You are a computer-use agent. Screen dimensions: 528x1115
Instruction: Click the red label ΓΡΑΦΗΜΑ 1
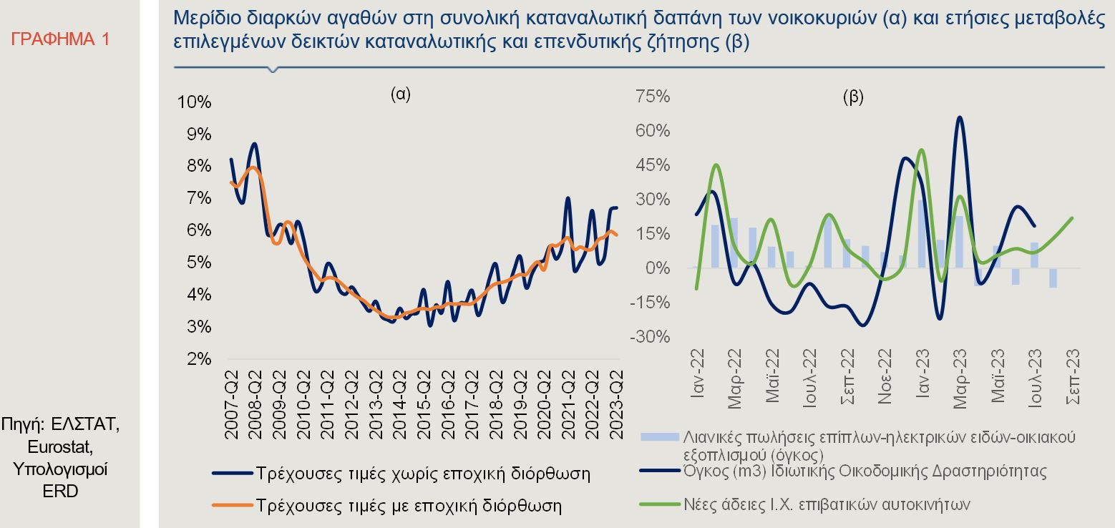point(61,39)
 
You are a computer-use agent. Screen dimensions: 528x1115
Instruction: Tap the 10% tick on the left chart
point(194,102)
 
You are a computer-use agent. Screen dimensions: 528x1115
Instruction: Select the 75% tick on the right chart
point(653,97)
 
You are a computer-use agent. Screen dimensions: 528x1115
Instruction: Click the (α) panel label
point(400,94)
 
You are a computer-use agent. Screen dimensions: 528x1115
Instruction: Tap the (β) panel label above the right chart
point(853,98)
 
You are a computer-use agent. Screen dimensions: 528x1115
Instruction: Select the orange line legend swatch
point(233,505)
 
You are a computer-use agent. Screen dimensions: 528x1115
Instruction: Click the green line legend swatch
point(658,504)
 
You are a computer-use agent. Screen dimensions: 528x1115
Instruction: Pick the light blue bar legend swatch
point(658,436)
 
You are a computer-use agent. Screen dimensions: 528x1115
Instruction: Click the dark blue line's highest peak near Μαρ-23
point(959,117)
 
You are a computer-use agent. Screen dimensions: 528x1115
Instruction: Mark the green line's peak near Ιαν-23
point(921,150)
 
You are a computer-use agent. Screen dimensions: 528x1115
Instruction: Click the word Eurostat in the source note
point(61,447)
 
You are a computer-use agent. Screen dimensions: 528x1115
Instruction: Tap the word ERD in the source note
point(61,492)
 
